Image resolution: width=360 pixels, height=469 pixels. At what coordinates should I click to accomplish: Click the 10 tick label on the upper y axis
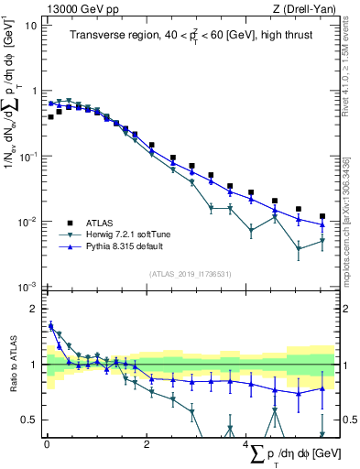tap(31, 24)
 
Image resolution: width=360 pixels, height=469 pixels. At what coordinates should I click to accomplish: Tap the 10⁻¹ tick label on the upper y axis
tap(28, 156)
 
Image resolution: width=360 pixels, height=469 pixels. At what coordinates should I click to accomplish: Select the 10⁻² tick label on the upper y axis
tap(28, 222)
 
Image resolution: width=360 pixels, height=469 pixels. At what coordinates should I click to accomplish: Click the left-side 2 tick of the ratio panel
tap(35, 308)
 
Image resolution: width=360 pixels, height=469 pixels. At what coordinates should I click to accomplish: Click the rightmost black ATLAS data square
tap(322, 216)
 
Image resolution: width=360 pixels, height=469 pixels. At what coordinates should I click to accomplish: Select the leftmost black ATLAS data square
tap(51, 117)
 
